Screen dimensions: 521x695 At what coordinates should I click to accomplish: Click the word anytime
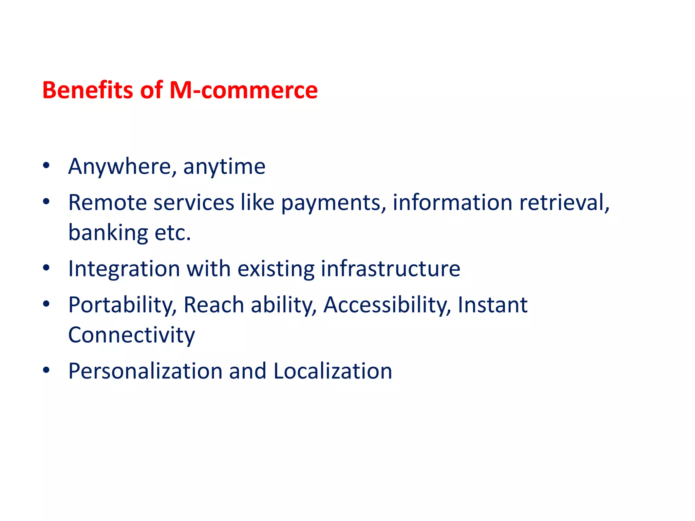pyautogui.click(x=224, y=167)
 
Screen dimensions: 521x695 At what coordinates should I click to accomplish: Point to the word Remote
pyautogui.click(x=107, y=202)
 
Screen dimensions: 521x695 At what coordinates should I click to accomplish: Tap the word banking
pyautogui.click(x=108, y=233)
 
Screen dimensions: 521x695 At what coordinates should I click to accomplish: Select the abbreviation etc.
pyautogui.click(x=173, y=233)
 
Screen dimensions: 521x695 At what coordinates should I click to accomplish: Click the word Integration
pyautogui.click(x=124, y=269)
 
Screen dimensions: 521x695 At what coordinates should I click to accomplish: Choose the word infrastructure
pyautogui.click(x=390, y=269)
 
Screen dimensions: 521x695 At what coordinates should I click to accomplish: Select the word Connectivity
pyautogui.click(x=132, y=335)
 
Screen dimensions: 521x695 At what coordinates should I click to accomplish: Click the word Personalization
pyautogui.click(x=145, y=371)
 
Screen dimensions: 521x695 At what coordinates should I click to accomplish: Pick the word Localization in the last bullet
pyautogui.click(x=333, y=371)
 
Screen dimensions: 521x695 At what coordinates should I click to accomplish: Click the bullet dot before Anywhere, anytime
pyautogui.click(x=46, y=166)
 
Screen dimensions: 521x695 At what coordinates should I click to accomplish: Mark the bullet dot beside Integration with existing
pyautogui.click(x=46, y=268)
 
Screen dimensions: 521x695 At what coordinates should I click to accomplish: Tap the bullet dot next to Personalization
pyautogui.click(x=46, y=370)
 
